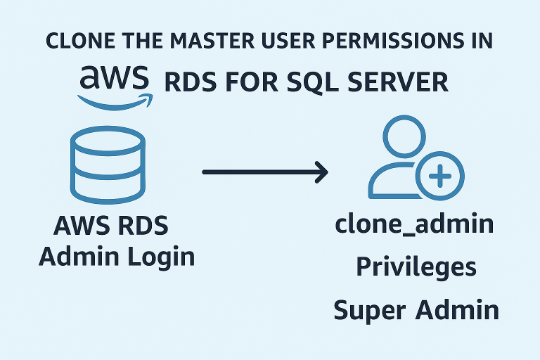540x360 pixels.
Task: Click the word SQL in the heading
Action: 311,82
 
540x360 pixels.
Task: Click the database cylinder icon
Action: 108,162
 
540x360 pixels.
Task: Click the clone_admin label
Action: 414,226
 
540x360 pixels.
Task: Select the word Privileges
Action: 416,267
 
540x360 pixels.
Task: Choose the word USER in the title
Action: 292,40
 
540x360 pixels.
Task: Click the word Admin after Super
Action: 459,309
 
